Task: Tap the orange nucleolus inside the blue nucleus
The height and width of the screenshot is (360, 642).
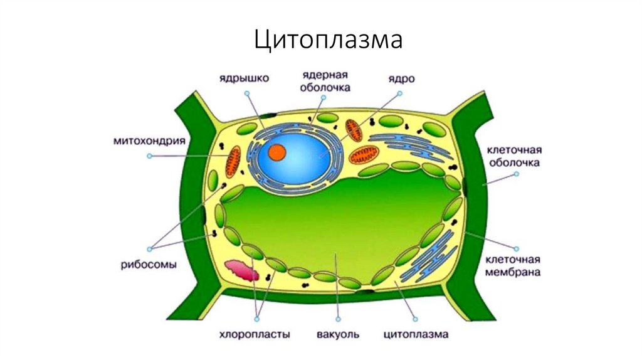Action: coord(277,152)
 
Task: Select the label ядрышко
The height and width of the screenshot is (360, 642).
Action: coord(244,78)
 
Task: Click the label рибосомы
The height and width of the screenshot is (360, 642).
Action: coord(149,264)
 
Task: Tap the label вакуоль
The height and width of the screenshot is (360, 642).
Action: coord(339,334)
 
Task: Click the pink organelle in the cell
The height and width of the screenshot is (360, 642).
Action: coord(241,270)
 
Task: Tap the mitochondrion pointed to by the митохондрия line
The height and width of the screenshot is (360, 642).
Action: coord(234,161)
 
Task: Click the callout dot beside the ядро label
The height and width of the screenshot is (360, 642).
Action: coord(398,93)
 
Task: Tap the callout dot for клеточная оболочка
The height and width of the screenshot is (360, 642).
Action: coord(517,176)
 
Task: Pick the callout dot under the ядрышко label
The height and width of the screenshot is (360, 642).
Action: coord(247,93)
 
